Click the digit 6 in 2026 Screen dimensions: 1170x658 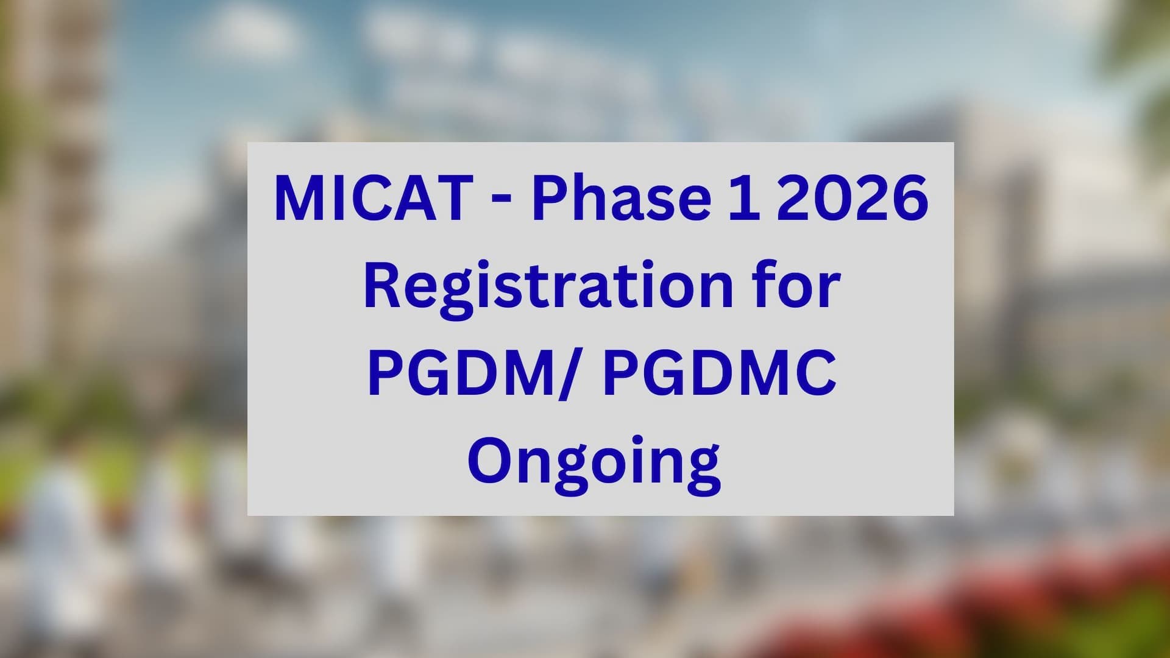click(910, 199)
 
